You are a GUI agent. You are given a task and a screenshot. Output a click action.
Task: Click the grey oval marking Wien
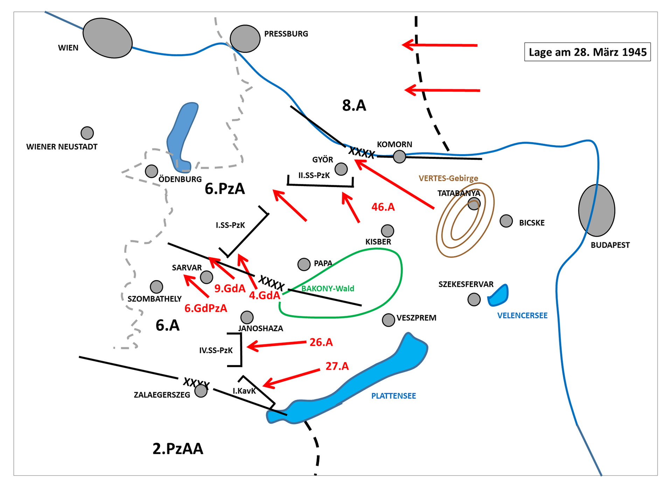click(x=107, y=38)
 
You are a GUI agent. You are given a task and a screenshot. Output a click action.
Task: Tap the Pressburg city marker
click(x=245, y=39)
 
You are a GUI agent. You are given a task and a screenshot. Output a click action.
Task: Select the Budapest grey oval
click(x=597, y=210)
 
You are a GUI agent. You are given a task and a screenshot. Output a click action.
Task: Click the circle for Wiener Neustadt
click(x=87, y=133)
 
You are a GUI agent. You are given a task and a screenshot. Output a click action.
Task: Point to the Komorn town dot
click(x=399, y=157)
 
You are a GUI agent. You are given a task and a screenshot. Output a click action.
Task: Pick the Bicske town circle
click(x=506, y=221)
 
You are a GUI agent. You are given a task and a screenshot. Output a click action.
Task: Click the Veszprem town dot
click(x=388, y=320)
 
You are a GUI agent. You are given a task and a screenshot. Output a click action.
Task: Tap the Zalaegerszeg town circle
click(x=201, y=391)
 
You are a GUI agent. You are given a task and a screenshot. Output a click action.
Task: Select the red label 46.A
click(x=383, y=207)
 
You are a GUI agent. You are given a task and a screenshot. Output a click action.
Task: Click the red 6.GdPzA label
click(x=206, y=308)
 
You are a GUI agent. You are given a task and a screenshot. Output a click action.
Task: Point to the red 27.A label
click(x=337, y=366)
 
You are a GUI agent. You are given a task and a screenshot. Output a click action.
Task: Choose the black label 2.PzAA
click(x=178, y=449)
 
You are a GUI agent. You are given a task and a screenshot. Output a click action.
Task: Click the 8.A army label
click(x=354, y=105)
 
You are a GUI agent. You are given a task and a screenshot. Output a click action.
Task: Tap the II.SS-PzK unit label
click(x=314, y=175)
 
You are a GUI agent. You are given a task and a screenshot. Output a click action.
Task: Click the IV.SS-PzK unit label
click(x=216, y=350)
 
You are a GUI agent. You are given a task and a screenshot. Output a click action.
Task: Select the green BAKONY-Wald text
click(x=328, y=288)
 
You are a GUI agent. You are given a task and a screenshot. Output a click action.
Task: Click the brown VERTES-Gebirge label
click(x=448, y=178)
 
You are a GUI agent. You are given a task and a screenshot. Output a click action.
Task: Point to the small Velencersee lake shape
click(x=498, y=295)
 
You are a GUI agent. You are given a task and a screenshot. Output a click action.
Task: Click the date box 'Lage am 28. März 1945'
click(x=587, y=52)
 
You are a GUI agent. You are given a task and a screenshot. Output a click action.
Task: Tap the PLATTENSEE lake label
click(x=393, y=396)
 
